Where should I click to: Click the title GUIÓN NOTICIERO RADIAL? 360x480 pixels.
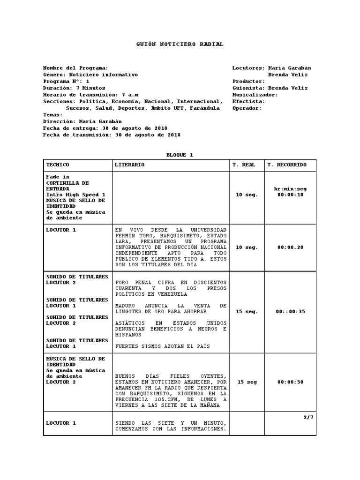pos(180,44)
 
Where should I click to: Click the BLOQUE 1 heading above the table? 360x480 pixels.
pos(180,155)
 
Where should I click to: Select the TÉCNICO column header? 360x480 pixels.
pos(58,165)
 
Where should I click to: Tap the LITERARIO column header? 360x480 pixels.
pos(130,165)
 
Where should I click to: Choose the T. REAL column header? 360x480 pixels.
pos(244,165)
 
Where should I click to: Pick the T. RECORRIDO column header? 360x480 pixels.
pos(287,165)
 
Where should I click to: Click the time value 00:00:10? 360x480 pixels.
pos(290,195)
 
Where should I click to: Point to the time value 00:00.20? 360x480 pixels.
pos(290,247)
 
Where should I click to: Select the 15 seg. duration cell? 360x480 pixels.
pos(247,311)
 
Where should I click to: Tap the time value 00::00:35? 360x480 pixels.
pos(290,311)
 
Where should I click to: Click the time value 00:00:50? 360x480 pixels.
pos(290,382)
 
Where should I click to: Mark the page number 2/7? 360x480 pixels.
pos(308,417)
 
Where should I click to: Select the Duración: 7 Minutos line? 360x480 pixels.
pos(74,88)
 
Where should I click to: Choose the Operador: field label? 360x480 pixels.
pos(247,108)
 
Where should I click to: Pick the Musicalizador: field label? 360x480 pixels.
pos(255,94)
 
